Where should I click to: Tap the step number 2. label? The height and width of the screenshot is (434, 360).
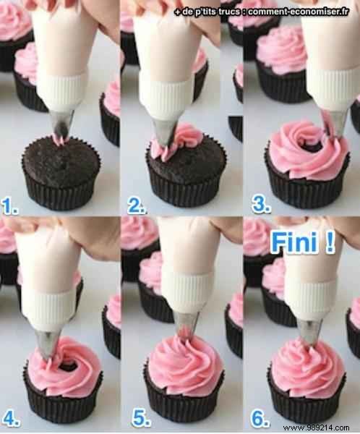136,209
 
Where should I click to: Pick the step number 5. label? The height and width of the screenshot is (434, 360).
136,417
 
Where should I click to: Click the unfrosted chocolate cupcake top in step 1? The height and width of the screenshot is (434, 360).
61,157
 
